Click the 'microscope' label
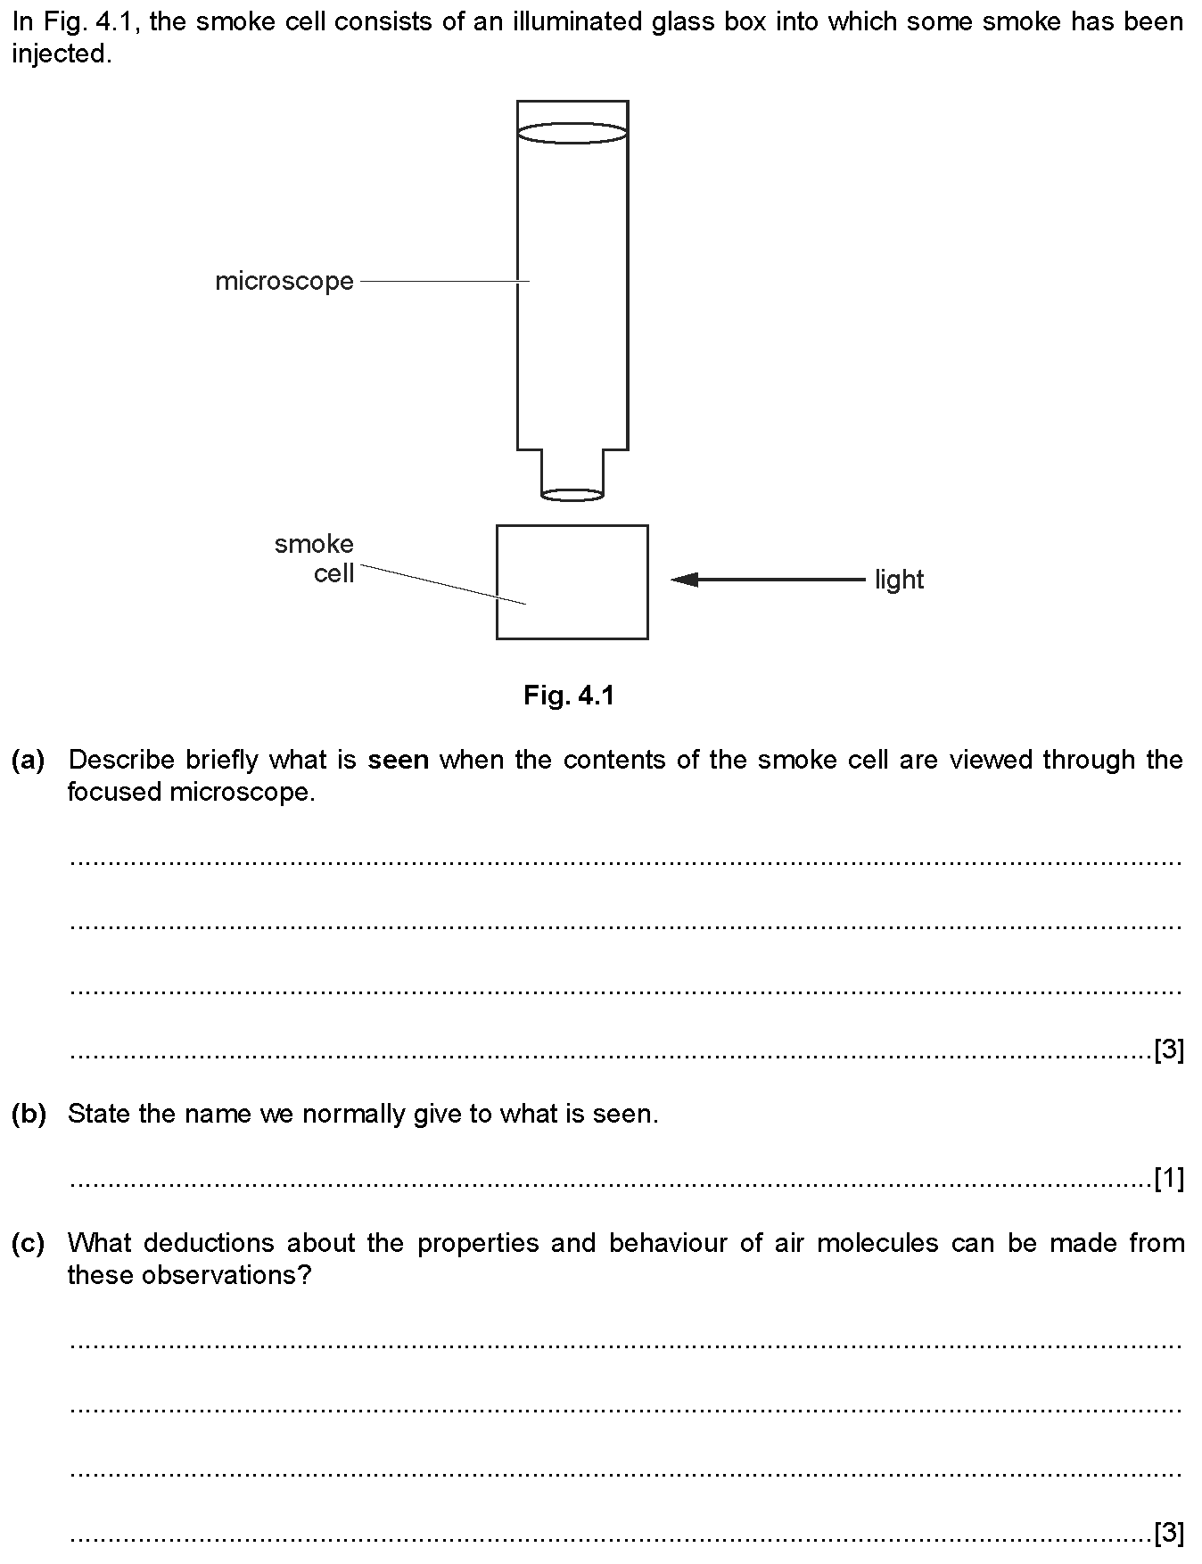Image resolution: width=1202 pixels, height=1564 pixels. pyautogui.click(x=284, y=282)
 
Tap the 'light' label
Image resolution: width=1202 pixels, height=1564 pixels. pyautogui.click(x=899, y=580)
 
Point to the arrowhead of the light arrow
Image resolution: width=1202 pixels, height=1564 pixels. pyautogui.click(x=684, y=580)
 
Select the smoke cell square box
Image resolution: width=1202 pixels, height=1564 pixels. pyautogui.click(x=497, y=582)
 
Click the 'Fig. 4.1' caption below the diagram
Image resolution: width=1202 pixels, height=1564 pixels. pyautogui.click(x=569, y=696)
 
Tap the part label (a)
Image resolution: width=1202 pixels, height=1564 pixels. pyautogui.click(x=28, y=760)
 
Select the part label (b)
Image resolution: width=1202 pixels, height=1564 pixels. pyautogui.click(x=28, y=1114)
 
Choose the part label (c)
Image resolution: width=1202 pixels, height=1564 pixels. pyautogui.click(x=28, y=1243)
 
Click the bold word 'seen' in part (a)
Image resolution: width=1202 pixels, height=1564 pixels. pyautogui.click(x=399, y=760)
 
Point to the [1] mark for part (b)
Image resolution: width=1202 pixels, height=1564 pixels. pyautogui.click(x=1169, y=1180)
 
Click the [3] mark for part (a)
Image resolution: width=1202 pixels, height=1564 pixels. pyautogui.click(x=1169, y=1050)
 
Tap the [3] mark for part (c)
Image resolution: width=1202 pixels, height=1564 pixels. pyautogui.click(x=1169, y=1533)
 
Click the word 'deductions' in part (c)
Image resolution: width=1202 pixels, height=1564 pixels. pyautogui.click(x=209, y=1243)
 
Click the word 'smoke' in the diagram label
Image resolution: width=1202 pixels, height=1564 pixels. pyautogui.click(x=314, y=544)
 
